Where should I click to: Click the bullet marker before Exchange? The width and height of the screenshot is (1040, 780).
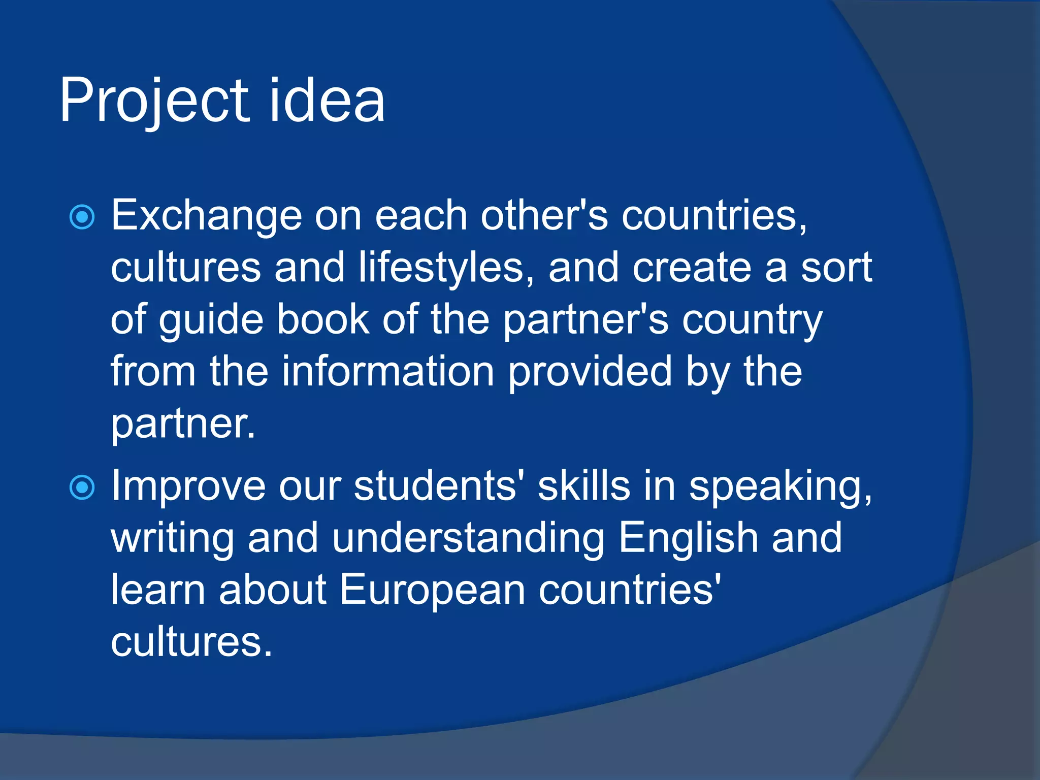pos(82,217)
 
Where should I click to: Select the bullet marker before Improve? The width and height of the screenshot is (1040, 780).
pos(82,487)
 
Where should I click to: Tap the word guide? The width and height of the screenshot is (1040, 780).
pos(211,321)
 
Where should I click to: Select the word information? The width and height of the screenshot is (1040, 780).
pos(388,372)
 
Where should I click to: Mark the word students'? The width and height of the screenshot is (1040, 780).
pos(439,486)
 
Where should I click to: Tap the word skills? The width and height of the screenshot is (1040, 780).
pos(584,486)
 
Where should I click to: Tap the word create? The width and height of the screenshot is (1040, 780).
pos(692,268)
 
